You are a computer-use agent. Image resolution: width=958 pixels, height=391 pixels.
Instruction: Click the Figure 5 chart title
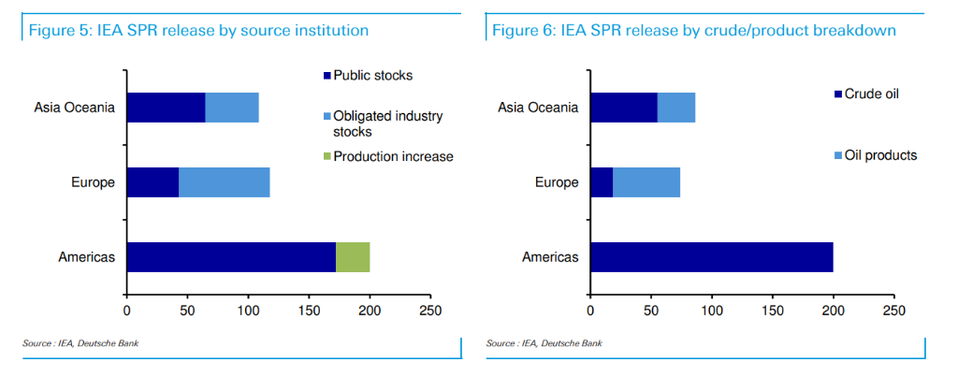[198, 31]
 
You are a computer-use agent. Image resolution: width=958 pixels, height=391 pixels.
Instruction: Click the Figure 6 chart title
[694, 31]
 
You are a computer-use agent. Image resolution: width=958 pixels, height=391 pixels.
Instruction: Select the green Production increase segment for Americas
[353, 257]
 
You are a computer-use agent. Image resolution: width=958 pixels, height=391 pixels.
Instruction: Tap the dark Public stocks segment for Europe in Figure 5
[152, 182]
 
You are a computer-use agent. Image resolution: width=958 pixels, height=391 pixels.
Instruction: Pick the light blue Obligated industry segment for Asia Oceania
[232, 108]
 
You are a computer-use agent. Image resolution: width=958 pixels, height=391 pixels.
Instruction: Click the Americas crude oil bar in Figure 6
[711, 257]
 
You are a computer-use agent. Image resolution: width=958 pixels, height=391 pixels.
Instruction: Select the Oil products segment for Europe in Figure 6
[646, 182]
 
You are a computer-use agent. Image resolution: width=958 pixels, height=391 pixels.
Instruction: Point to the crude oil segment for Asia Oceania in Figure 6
[624, 108]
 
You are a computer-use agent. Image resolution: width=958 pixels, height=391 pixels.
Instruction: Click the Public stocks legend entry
[372, 75]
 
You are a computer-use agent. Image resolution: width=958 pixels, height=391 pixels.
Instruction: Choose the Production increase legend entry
[393, 156]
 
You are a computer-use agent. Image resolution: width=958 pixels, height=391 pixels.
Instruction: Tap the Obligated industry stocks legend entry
[387, 123]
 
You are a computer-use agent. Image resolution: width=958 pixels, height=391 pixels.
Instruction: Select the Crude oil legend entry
[870, 94]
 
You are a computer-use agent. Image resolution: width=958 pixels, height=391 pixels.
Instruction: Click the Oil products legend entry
[879, 155]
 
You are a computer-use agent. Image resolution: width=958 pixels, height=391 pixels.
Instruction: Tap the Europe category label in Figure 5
[92, 182]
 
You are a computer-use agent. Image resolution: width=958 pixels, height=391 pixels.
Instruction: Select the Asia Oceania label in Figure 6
[538, 108]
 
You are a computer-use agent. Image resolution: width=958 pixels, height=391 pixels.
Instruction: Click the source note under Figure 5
[80, 343]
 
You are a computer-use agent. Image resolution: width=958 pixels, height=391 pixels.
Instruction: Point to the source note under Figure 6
[544, 343]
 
